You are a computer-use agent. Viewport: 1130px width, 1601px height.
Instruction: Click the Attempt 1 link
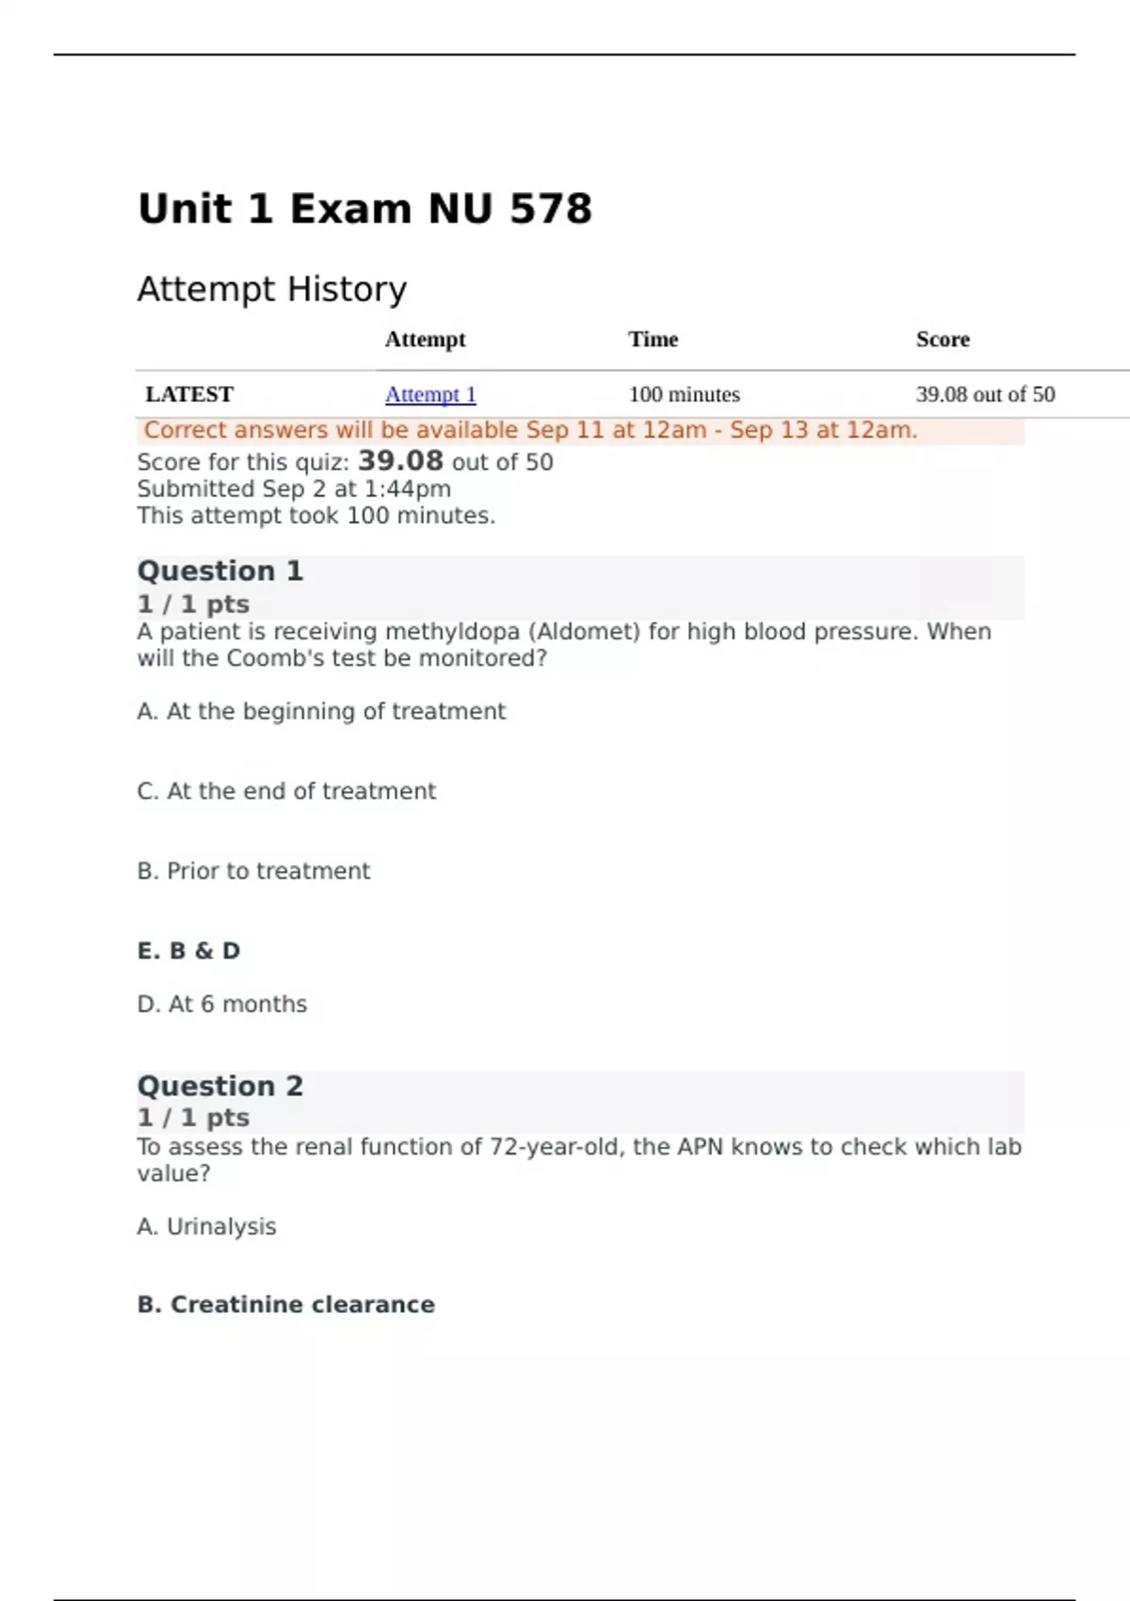pos(430,395)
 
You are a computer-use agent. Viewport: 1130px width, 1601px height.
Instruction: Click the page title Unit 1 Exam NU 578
pos(364,209)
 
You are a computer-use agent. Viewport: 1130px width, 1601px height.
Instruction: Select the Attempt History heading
pos(272,289)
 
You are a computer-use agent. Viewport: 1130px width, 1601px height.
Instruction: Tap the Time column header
pos(654,339)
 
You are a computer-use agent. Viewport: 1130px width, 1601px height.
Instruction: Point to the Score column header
pos(943,339)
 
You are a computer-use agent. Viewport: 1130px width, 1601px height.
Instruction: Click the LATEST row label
pos(189,395)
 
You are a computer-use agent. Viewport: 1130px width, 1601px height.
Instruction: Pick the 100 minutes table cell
pos(685,395)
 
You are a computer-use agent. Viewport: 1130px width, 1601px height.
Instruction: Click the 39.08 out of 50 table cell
pos(985,395)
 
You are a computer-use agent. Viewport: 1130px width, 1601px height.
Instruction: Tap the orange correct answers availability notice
pos(530,430)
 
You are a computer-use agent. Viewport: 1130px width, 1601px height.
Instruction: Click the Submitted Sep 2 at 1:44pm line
pos(294,489)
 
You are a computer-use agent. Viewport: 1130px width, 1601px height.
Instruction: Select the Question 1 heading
pos(220,571)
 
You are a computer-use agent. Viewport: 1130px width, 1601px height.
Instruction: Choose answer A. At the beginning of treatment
pos(321,711)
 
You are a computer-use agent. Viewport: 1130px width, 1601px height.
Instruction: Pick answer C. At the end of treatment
pos(286,791)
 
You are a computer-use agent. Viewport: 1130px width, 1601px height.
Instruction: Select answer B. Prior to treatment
pos(253,871)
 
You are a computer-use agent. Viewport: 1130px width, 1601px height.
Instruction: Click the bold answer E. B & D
pos(188,951)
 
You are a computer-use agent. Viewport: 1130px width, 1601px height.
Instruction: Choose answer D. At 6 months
pos(222,1004)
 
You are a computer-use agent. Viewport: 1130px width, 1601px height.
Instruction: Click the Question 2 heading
pos(220,1086)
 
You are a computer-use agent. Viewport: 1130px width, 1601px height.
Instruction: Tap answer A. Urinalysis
pos(206,1226)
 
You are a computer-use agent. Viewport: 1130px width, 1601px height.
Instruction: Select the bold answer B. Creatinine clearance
pos(286,1304)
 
